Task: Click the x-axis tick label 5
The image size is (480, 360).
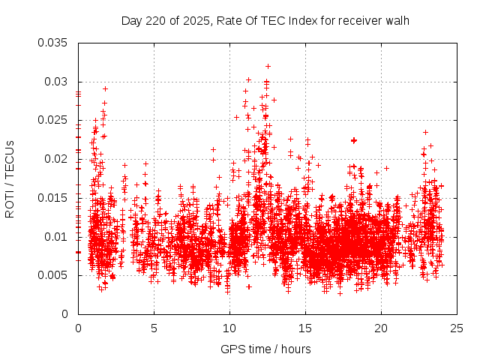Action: point(154,328)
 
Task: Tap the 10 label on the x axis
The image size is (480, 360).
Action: point(229,328)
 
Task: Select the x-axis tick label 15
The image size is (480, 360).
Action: point(305,328)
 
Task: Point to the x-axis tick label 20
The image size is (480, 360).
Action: point(381,328)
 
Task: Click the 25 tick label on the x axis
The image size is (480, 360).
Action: point(457,328)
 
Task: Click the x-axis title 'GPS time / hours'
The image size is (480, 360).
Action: point(265,349)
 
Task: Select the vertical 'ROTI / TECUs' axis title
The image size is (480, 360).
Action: point(10,178)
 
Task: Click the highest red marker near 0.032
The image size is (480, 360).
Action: point(268,66)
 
